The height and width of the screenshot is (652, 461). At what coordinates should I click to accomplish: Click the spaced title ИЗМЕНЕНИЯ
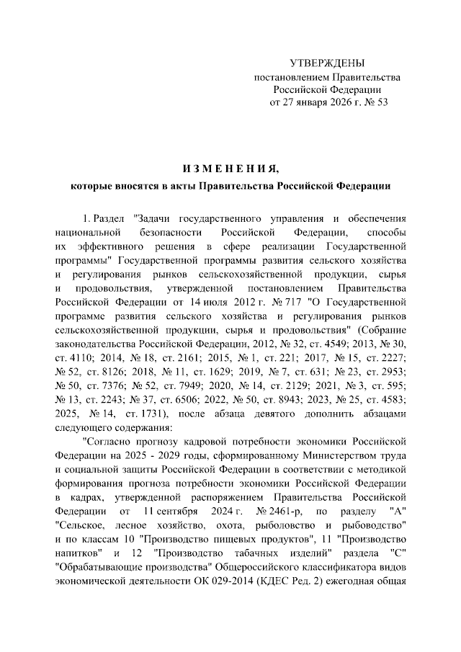[230, 169]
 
